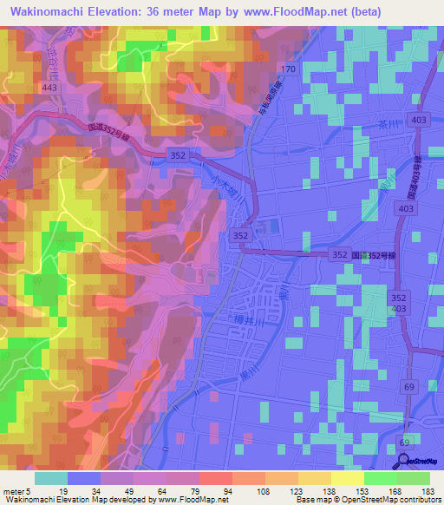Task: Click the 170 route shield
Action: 289,69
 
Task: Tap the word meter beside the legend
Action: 14,490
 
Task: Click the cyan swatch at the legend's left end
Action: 51,477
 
